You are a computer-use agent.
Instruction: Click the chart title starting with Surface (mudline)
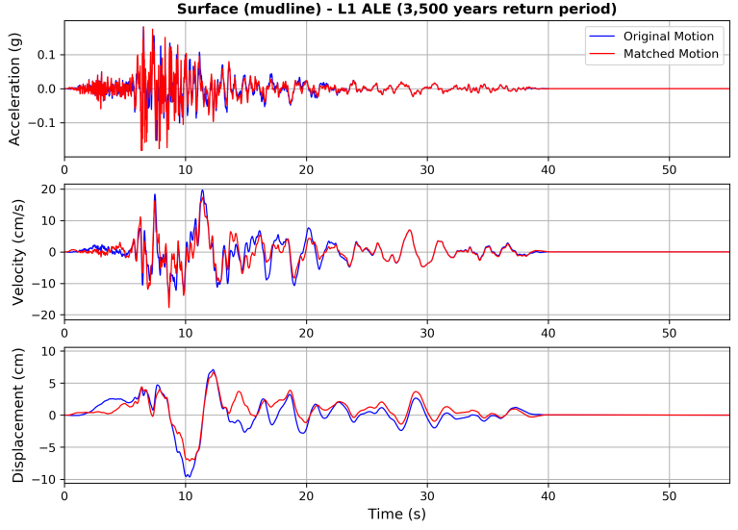click(396, 10)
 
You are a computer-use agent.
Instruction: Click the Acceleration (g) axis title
click(14, 89)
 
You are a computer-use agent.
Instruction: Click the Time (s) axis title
click(396, 515)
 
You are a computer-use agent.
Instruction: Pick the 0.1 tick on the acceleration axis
click(45, 55)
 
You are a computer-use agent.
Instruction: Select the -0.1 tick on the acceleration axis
click(41, 123)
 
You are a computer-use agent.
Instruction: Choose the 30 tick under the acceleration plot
click(427, 170)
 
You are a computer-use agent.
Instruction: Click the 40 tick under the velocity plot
click(547, 333)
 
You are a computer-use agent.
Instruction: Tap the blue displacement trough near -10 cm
click(188, 476)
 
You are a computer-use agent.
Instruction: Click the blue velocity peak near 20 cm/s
click(202, 190)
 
